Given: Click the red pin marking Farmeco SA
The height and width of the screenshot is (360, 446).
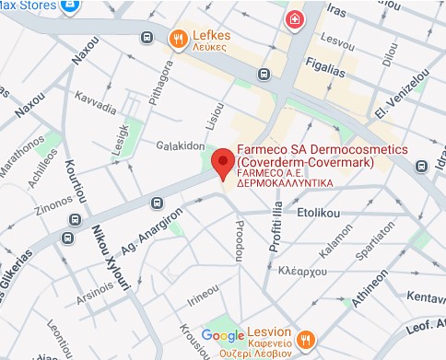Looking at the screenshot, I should click(222, 162).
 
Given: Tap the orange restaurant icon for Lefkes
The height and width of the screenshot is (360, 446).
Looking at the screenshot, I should click(178, 38).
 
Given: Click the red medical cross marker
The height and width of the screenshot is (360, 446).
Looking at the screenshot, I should click(295, 20).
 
